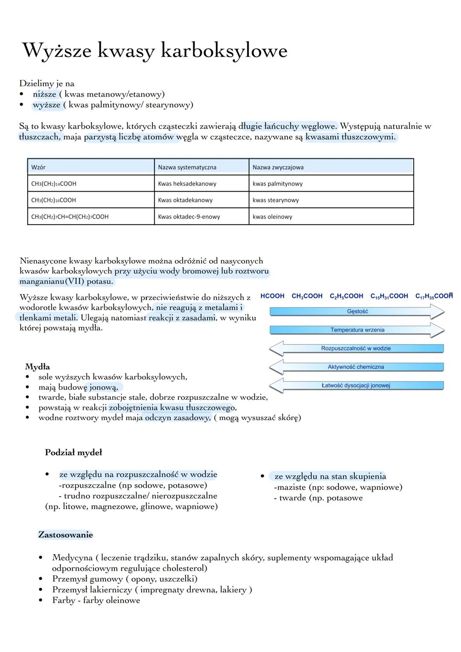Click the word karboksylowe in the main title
224,51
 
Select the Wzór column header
38,167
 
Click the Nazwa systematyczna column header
187,167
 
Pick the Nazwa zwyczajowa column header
278,167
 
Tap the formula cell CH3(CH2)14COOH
54,184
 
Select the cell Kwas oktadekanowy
185,200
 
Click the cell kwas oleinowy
272,216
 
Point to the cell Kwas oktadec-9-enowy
189,216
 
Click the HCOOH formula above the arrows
272,296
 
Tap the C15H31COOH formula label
389,296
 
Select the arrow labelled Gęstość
357,312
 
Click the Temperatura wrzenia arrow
357,330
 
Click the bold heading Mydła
38,367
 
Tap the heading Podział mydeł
73,452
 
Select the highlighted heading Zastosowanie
65,535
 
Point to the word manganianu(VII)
52,282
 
